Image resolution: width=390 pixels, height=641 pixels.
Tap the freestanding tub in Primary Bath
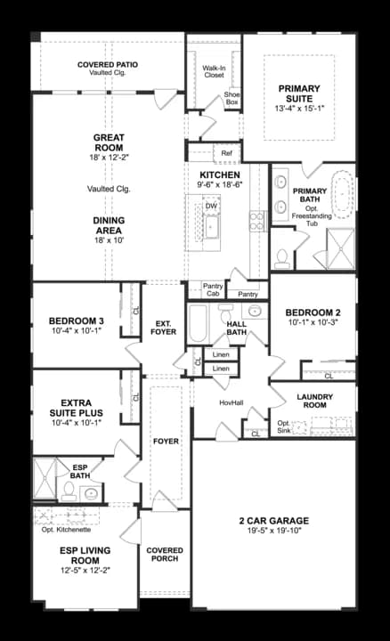pos(342,193)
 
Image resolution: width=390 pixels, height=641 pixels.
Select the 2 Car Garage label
pos(274,521)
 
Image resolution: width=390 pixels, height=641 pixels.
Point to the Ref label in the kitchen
pos(226,153)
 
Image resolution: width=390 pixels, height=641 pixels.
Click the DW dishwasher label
pos(211,206)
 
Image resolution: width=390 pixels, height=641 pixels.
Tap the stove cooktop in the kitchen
pos(258,221)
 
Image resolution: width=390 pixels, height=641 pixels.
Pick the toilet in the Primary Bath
pos(281,258)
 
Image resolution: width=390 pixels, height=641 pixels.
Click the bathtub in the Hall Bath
pos(199,323)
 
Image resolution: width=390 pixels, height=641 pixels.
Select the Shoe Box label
pos(232,98)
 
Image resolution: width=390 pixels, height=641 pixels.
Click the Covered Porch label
pos(165,555)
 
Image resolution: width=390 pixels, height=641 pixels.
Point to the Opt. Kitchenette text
pos(66,530)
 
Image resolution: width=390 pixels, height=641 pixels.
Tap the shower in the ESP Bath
pos(45,479)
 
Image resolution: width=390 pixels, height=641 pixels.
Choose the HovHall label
pos(232,402)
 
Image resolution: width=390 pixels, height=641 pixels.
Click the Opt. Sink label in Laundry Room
pos(284,426)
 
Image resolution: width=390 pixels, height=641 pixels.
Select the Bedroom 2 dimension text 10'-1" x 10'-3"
pos(313,322)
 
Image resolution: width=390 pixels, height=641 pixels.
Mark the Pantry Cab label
pos(213,290)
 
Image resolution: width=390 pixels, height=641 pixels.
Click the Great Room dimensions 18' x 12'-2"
pos(109,158)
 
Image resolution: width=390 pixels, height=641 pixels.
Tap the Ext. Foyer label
pos(164,328)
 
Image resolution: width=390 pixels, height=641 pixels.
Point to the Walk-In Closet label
pos(215,71)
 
